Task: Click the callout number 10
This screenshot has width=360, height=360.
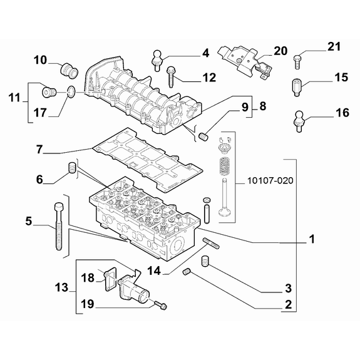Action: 40,60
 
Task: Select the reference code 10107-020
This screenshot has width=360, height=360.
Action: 270,181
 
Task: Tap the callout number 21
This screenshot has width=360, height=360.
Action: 334,47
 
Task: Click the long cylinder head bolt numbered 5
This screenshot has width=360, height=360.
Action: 58,226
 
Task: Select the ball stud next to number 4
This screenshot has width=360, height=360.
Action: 157,61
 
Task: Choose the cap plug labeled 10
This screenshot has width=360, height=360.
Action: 69,71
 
